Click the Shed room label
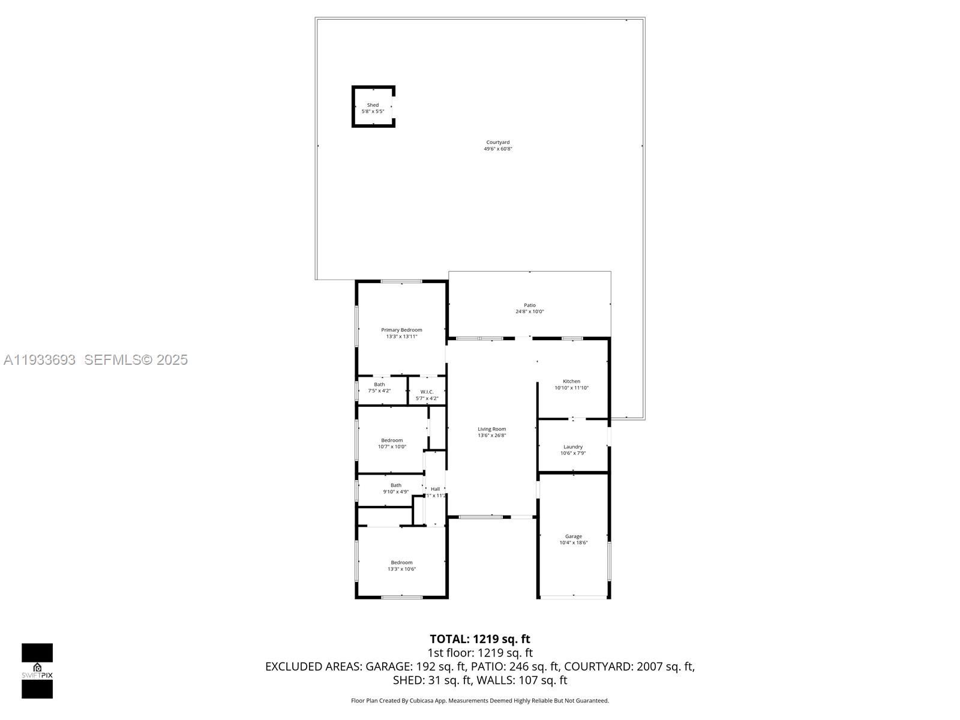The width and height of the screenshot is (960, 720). tap(373, 105)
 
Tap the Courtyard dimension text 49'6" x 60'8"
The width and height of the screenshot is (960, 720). tap(498, 149)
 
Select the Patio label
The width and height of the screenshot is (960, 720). tap(529, 305)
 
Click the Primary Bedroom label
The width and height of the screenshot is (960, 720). tap(401, 330)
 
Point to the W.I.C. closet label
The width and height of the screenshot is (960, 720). tap(427, 392)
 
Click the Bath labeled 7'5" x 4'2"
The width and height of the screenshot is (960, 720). tap(379, 388)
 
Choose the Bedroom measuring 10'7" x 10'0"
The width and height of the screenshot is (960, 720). tap(392, 443)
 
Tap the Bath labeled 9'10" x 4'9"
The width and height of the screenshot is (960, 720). tap(396, 488)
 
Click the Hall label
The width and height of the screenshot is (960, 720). tap(435, 489)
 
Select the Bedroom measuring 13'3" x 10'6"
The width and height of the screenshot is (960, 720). tap(401, 566)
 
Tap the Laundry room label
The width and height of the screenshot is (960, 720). tap(573, 447)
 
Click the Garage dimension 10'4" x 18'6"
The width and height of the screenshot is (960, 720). tap(574, 543)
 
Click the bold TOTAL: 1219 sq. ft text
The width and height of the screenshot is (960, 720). tap(480, 639)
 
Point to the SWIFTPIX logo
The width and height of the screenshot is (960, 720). tap(37, 671)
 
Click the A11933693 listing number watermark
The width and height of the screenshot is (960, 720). tap(40, 359)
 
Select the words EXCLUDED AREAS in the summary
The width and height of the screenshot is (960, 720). tap(314, 667)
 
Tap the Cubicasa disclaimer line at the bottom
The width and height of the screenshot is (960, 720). tap(480, 701)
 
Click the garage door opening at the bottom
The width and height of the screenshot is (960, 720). tap(574, 596)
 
